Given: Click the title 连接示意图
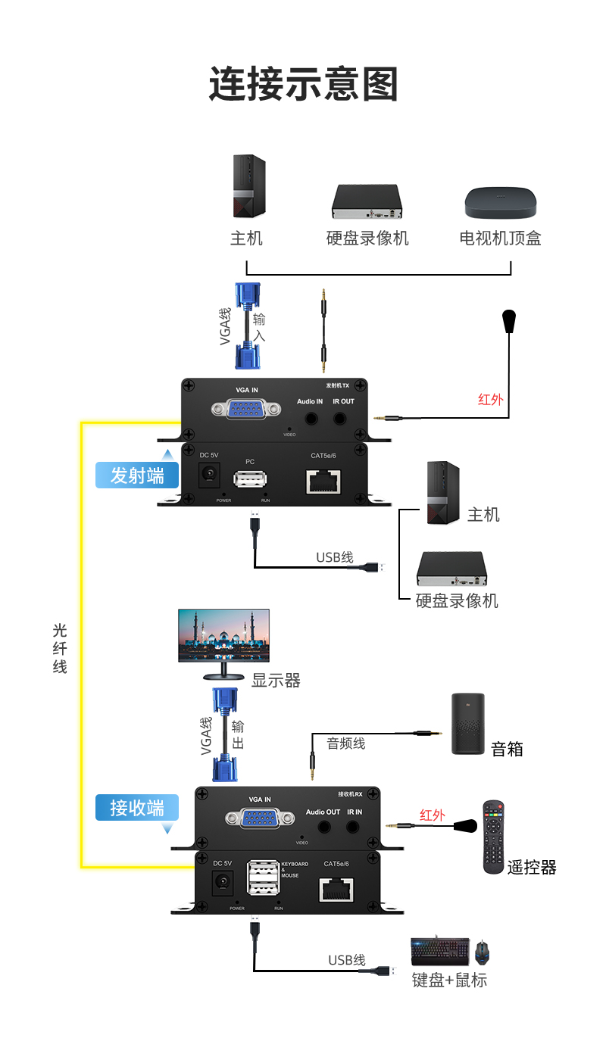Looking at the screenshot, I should point(303,84).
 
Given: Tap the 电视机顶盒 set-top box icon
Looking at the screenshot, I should point(500,202).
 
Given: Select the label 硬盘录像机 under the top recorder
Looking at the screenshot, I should point(367,238).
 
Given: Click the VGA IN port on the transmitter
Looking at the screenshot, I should point(242,410).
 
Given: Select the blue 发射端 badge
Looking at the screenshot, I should point(137,475).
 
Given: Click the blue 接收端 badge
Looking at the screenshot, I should point(137,808).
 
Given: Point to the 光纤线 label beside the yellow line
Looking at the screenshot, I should point(60,648).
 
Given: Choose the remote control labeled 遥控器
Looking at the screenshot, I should point(494,837).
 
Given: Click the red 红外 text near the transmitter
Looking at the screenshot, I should point(490,399).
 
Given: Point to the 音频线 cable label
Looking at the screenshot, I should point(346,743).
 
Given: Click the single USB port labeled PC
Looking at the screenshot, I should point(250,480).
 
